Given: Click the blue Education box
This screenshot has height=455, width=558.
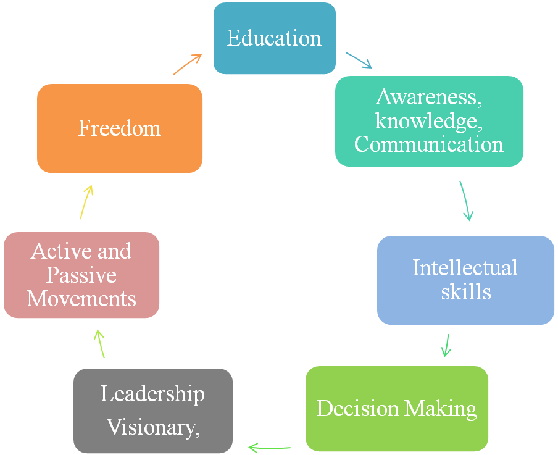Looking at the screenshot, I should point(274,38).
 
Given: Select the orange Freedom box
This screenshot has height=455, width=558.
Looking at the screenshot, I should point(120,128).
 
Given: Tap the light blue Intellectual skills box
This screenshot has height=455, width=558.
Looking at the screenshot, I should point(465,280).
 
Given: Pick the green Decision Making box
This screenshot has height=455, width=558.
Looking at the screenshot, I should point(396,409).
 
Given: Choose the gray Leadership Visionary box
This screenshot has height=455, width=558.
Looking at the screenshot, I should point(153,411).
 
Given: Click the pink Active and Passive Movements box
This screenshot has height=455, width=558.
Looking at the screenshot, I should point(81,275).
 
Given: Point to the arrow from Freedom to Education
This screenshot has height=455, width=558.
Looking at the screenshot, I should point(188,64).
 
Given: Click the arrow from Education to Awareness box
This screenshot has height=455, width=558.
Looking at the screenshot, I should point(359,60).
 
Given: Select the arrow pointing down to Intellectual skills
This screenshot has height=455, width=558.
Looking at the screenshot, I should point(466,201).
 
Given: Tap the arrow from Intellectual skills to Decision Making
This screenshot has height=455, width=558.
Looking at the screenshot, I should point(446,345).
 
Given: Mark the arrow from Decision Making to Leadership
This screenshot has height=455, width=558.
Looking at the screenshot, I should point(269,446).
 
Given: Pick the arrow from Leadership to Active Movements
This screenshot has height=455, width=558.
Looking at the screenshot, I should point(101,343).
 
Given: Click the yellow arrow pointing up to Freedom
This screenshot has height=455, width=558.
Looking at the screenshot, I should point(86,201).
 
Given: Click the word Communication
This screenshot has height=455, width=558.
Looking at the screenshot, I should point(429,144).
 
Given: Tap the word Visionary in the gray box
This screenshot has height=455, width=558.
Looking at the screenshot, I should point(153,427).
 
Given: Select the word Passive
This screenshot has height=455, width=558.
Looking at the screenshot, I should point(81,275).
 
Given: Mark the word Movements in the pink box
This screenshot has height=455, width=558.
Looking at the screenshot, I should point(81,299).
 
